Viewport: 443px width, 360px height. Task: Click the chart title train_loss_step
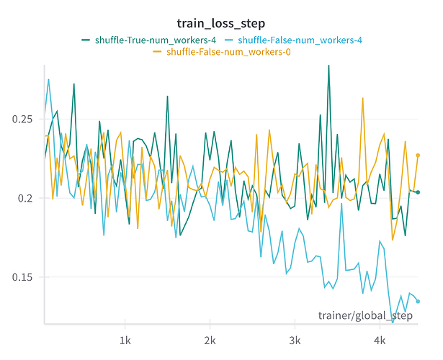pyautogui.click(x=221, y=24)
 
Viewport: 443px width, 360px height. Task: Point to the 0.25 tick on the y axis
pyautogui.click(x=23, y=119)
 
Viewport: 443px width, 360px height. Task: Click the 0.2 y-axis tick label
pyautogui.click(x=27, y=198)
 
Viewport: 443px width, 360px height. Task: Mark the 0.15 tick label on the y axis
pyautogui.click(x=23, y=277)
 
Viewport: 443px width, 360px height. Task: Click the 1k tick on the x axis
pyautogui.click(x=125, y=338)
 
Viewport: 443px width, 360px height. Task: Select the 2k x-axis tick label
pyautogui.click(x=210, y=338)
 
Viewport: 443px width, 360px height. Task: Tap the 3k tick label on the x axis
pyautogui.click(x=295, y=338)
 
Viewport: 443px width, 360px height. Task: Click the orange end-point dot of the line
pyautogui.click(x=418, y=155)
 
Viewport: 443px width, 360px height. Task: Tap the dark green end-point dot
pyautogui.click(x=418, y=192)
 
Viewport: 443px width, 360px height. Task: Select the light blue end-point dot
pyautogui.click(x=418, y=301)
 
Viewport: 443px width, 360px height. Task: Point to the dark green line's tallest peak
pyautogui.click(x=328, y=66)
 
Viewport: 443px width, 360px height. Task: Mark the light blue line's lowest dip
pyautogui.click(x=393, y=322)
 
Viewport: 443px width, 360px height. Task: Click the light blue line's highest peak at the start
pyautogui.click(x=48, y=79)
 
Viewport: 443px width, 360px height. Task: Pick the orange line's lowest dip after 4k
pyautogui.click(x=393, y=240)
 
